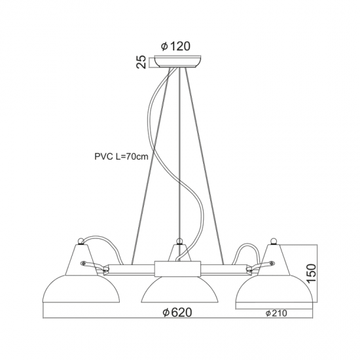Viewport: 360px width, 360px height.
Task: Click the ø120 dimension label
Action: pos(175,46)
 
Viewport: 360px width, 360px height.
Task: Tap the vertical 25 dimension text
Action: pos(141,62)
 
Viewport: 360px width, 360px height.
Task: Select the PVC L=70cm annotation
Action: pos(122,156)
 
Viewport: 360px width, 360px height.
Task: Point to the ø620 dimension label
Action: pos(177,312)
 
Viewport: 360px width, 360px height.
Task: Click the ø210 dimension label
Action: pos(276,313)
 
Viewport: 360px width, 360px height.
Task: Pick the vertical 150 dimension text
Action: pos(312,274)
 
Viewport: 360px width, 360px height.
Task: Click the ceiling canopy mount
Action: pos(178,62)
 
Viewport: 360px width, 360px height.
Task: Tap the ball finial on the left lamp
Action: pos(81,241)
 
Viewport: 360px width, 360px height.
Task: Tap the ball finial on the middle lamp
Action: pos(179,241)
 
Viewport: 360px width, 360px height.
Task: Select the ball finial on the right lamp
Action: pos(273,241)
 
